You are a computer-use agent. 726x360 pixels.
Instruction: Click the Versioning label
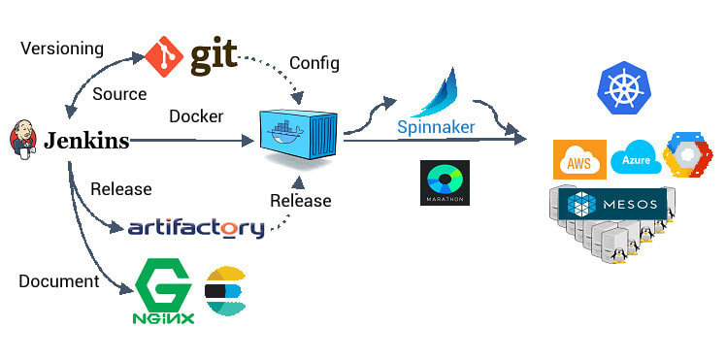pyautogui.click(x=61, y=48)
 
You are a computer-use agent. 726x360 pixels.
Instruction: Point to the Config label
pyautogui.click(x=314, y=63)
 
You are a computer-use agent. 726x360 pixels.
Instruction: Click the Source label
pyautogui.click(x=119, y=94)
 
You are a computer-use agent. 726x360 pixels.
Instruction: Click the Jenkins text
pyautogui.click(x=86, y=141)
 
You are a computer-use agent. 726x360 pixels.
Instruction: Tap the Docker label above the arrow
pyautogui.click(x=196, y=116)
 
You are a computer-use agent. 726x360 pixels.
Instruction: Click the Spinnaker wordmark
pyautogui.click(x=436, y=127)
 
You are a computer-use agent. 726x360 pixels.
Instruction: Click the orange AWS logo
pyautogui.click(x=579, y=159)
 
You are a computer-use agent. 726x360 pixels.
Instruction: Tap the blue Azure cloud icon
pyautogui.click(x=636, y=158)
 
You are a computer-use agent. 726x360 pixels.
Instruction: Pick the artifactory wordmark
pyautogui.click(x=196, y=229)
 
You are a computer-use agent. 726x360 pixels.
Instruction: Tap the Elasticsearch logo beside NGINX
pyautogui.click(x=226, y=291)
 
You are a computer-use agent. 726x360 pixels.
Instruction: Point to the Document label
pyautogui.click(x=59, y=281)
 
